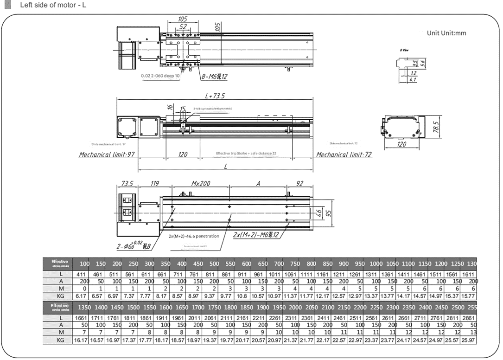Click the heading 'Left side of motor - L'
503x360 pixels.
point(53,6)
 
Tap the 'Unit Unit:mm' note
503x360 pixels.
point(446,33)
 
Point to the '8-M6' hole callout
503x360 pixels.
point(214,77)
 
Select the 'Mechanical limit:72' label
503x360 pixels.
point(344,154)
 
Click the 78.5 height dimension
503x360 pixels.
point(436,126)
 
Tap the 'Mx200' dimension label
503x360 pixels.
point(201,184)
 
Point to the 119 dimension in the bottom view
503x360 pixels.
point(154,184)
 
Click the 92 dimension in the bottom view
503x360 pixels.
point(300,184)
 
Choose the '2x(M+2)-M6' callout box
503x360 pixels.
point(256,235)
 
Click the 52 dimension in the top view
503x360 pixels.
point(183,27)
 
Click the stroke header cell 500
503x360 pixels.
point(214,264)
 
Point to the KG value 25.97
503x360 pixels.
point(468,340)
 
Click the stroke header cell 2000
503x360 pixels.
point(295,307)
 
